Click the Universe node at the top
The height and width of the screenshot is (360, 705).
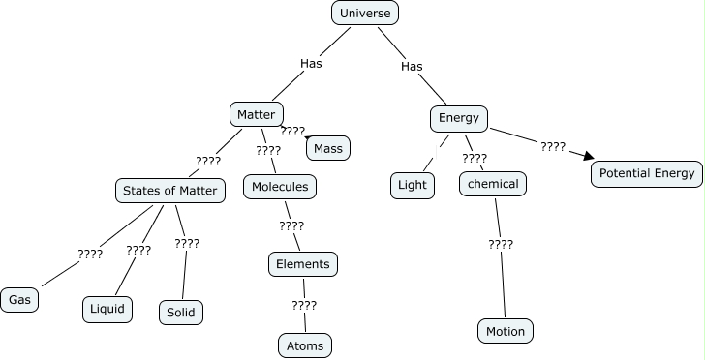(365, 13)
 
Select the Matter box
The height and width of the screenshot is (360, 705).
(257, 114)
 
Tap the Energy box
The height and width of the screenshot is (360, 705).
(459, 118)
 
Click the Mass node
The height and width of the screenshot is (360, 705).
(328, 148)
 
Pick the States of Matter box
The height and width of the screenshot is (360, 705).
(170, 190)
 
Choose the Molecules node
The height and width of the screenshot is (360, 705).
(280, 186)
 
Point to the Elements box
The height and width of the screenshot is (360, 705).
(303, 263)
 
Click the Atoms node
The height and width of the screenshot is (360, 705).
(305, 345)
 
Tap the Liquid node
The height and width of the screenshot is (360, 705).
(107, 309)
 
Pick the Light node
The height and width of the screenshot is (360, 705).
(413, 184)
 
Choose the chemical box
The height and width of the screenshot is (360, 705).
(493, 184)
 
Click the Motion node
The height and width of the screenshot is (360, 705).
(506, 331)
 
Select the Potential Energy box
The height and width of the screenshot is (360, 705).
(646, 174)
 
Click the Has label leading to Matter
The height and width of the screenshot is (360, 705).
(311, 63)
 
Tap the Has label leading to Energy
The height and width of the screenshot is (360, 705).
(412, 66)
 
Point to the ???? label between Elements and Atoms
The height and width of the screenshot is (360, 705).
(304, 305)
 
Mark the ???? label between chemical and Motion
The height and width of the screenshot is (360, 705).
(501, 244)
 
